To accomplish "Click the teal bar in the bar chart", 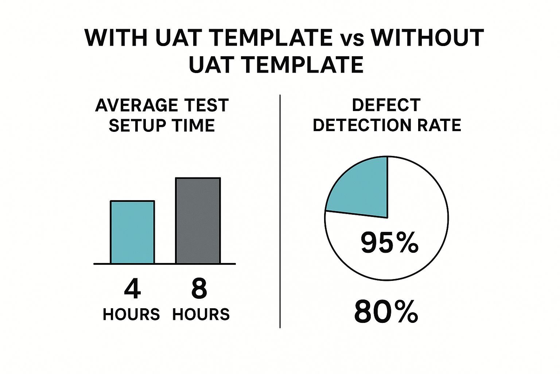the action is click(x=132, y=232).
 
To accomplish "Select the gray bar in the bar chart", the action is click(x=198, y=221).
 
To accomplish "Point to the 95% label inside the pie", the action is click(x=389, y=243).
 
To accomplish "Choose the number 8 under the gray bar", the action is click(x=199, y=289).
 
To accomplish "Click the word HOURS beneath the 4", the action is click(x=131, y=314).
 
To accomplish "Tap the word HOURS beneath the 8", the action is click(x=201, y=314).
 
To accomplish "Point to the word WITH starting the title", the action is click(x=116, y=38).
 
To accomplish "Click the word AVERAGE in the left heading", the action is click(x=137, y=105).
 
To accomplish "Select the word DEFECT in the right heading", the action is click(x=386, y=105).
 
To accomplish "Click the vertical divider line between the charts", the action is click(x=280, y=211).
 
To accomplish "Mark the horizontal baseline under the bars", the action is click(x=165, y=264).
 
